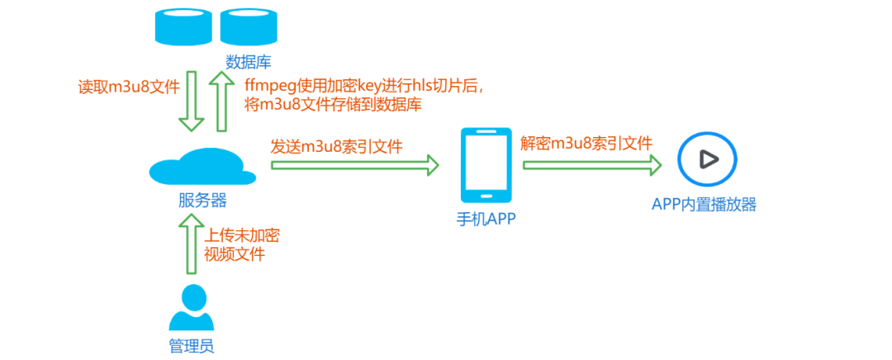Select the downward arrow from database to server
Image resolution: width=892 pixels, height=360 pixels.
coord(192,101)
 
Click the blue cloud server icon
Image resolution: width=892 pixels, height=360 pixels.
coord(202,167)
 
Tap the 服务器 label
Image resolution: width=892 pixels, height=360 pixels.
coord(202,200)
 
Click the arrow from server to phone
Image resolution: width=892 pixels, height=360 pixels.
coord(355,166)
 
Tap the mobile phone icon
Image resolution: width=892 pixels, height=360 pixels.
coord(486,166)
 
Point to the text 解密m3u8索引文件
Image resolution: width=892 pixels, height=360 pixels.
coord(586,143)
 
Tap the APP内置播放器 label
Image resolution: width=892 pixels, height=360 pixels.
coord(704,204)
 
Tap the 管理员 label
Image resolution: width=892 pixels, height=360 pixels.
coord(192,345)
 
